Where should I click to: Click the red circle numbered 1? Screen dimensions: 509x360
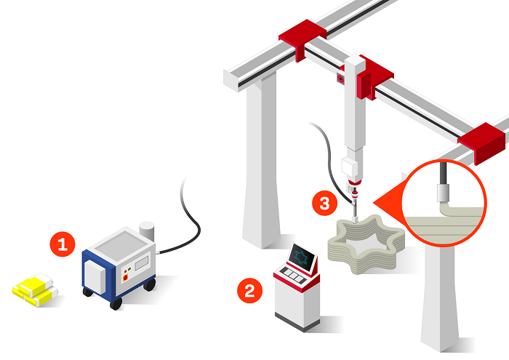[x=63, y=244]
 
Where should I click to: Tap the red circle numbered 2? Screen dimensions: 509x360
[x=249, y=290]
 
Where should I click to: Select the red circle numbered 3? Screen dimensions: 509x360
[x=324, y=203]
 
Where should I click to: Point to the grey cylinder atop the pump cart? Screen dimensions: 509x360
[x=146, y=231]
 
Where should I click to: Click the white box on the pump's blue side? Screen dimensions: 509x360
[x=95, y=277]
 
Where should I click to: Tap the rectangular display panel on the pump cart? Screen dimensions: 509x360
[x=142, y=263]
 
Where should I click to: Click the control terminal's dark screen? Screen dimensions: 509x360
[x=302, y=257]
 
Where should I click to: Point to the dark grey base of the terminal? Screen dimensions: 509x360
[x=297, y=322]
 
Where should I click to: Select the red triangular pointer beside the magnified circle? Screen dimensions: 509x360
[x=388, y=203]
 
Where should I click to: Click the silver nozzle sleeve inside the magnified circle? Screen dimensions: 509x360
[x=443, y=193]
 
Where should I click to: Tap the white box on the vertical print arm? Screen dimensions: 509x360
[x=350, y=167]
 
